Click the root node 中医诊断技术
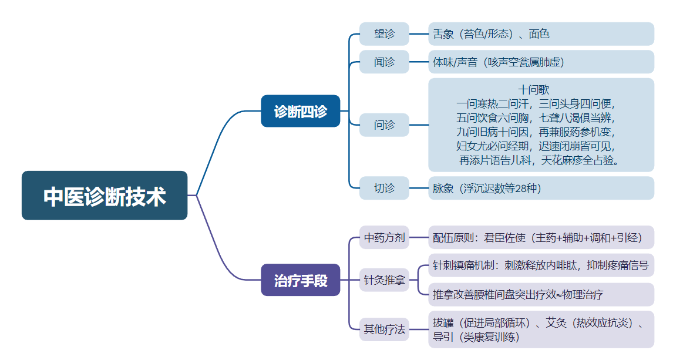(105, 196)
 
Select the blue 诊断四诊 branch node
(300, 111)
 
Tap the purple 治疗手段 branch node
(300, 280)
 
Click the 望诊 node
(384, 34)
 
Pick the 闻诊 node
(384, 62)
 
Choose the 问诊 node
(384, 125)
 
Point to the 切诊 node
(384, 189)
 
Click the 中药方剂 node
(384, 238)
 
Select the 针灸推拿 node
(384, 280)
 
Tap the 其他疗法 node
(384, 329)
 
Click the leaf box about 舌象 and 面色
(541, 34)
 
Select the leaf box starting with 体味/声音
(541, 62)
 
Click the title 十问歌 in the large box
(534, 90)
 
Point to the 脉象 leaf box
(541, 189)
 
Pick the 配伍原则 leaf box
(541, 238)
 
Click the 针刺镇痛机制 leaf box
(541, 265)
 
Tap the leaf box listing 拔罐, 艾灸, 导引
(541, 329)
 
